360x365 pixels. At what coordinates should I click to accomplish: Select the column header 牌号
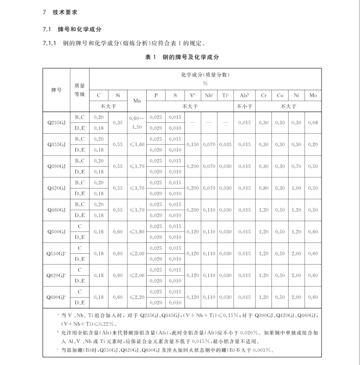[x=57, y=90]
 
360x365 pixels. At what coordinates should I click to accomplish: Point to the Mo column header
[x=313, y=95]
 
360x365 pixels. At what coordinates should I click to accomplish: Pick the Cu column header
[x=280, y=95]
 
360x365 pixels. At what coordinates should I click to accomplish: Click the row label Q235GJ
[x=57, y=123]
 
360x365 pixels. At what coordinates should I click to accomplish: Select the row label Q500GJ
[x=57, y=231]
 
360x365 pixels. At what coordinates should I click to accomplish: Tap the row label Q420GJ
[x=57, y=188]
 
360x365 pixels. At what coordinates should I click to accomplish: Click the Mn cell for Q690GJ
[x=137, y=297]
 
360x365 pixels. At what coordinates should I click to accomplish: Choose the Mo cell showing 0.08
[x=313, y=123]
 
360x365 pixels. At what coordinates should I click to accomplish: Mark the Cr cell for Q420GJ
[x=263, y=188]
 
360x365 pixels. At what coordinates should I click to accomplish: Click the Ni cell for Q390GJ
[x=296, y=166]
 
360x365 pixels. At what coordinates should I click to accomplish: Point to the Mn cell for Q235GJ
[x=137, y=123]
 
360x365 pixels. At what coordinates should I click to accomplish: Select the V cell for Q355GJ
[x=193, y=145]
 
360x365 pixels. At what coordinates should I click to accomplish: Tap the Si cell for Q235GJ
[x=117, y=123]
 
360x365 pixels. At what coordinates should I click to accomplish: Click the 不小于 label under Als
[x=244, y=106]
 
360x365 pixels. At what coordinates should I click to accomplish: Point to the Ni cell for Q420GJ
[x=296, y=188]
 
